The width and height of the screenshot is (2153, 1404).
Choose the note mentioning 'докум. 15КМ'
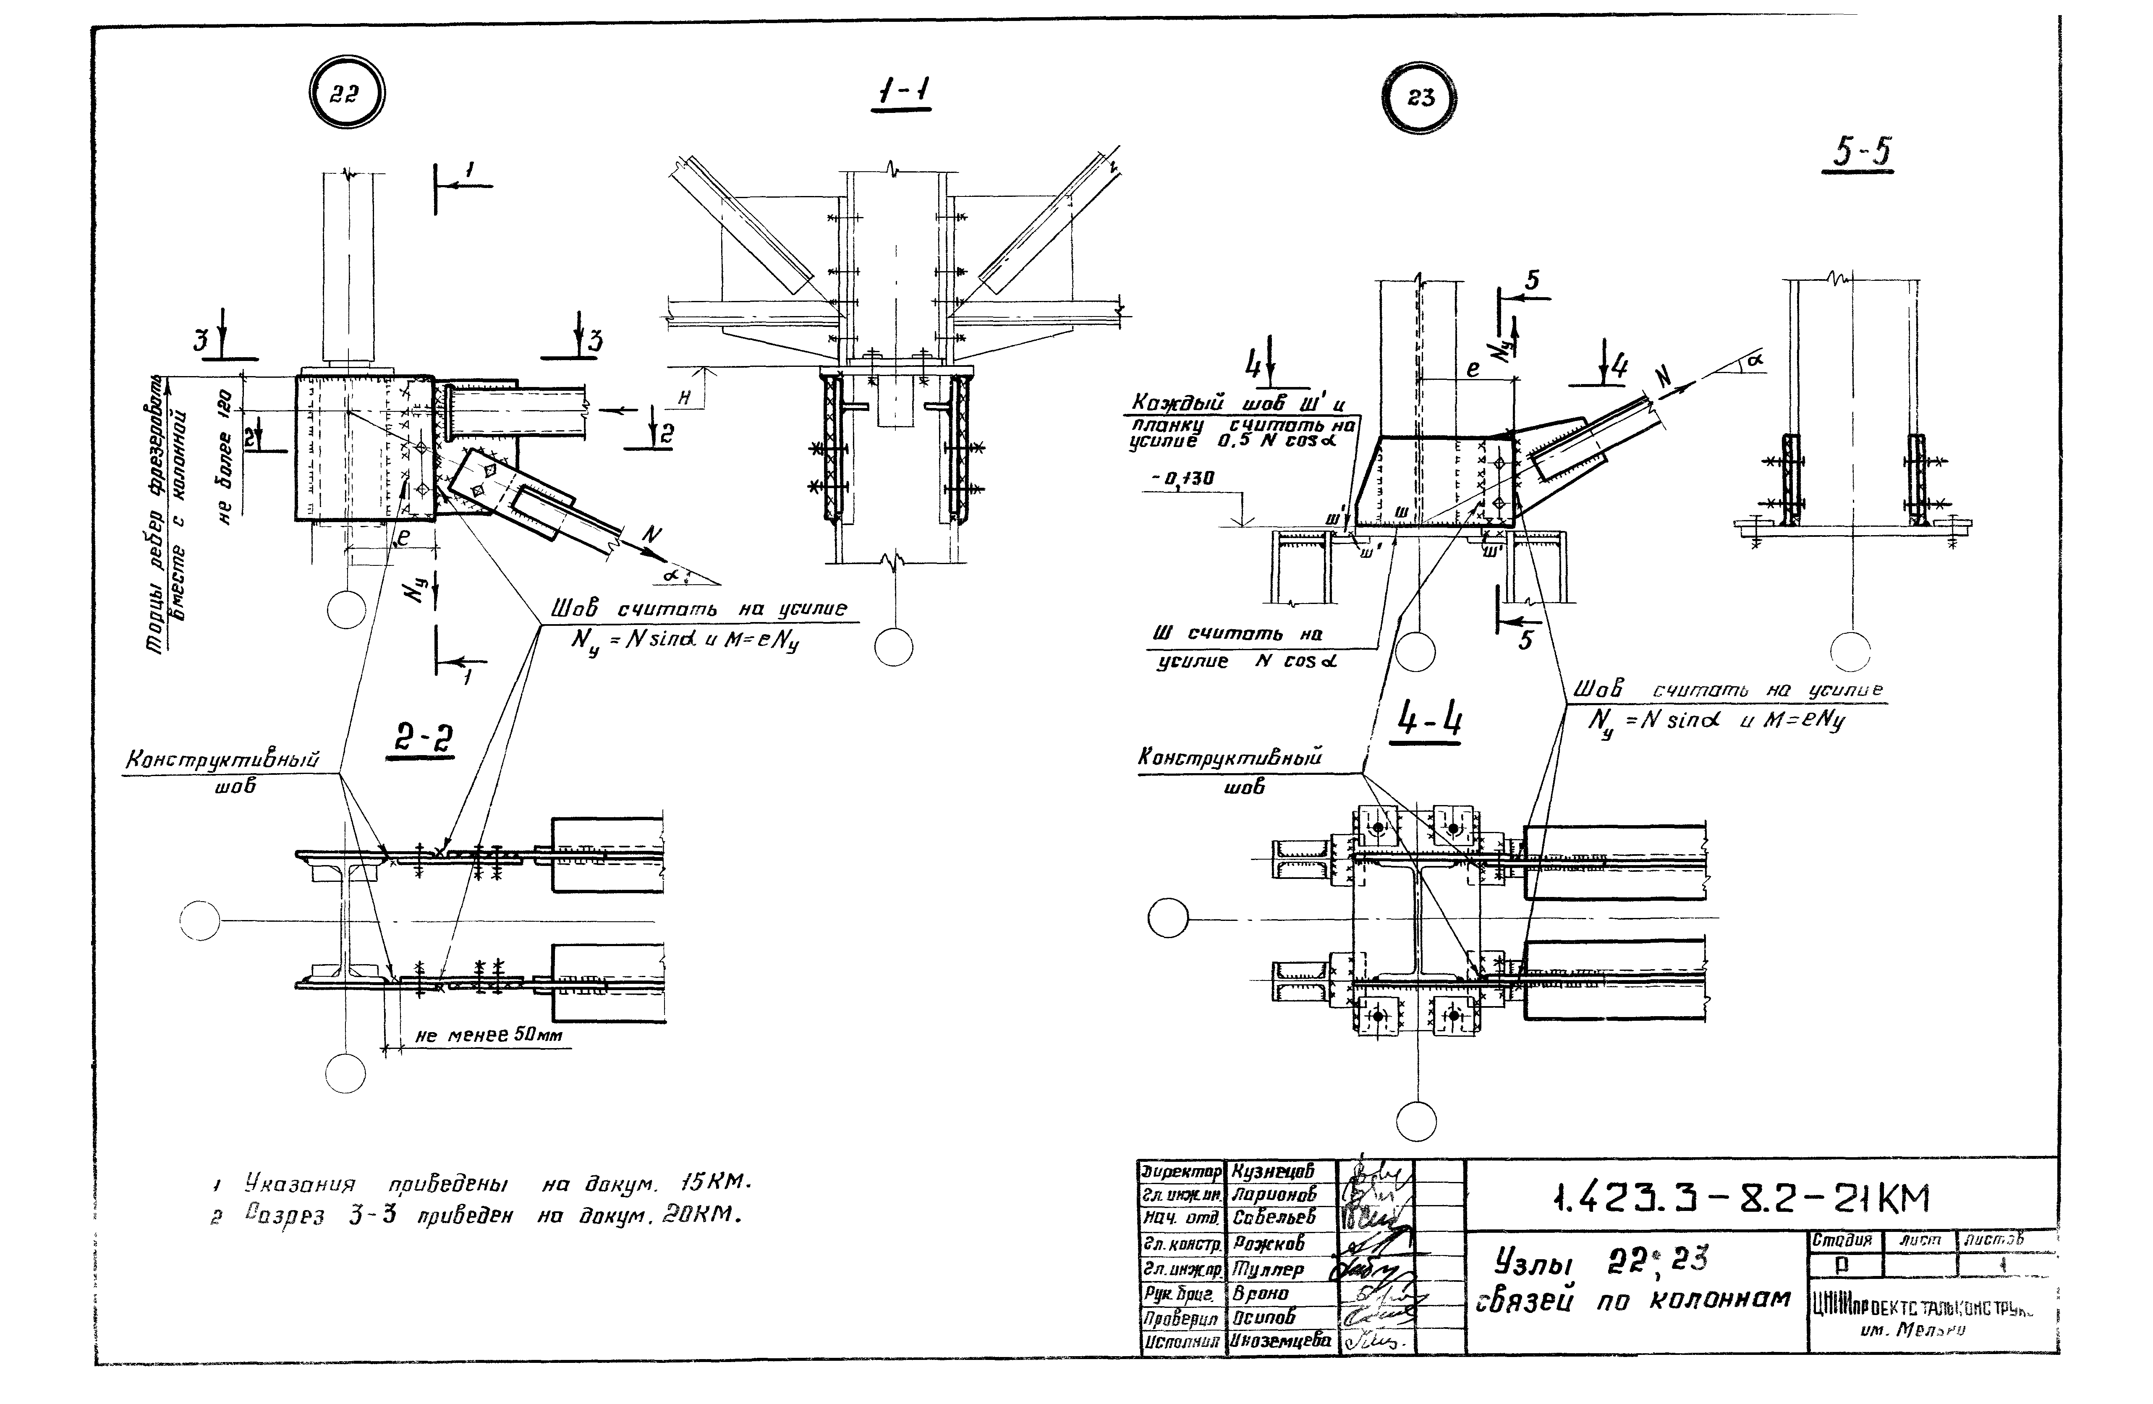pos(479,1183)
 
